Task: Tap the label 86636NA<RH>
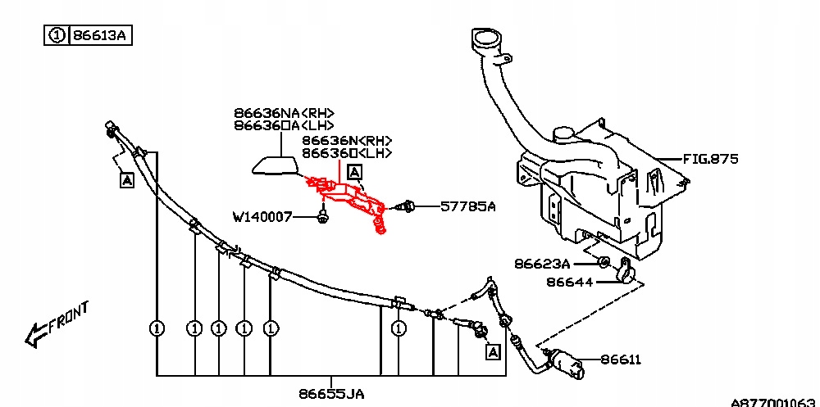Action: [x=284, y=113]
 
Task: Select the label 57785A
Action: [x=468, y=207]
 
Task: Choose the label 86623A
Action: [x=542, y=264]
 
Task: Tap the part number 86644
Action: [x=568, y=283]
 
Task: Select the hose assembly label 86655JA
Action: [x=331, y=394]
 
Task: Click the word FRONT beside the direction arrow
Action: [x=69, y=318]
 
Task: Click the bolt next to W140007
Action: [x=322, y=218]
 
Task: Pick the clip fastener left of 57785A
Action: [x=407, y=207]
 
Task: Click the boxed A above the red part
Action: [x=354, y=172]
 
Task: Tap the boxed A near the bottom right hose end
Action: [x=492, y=352]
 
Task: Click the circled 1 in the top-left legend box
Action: [x=57, y=36]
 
